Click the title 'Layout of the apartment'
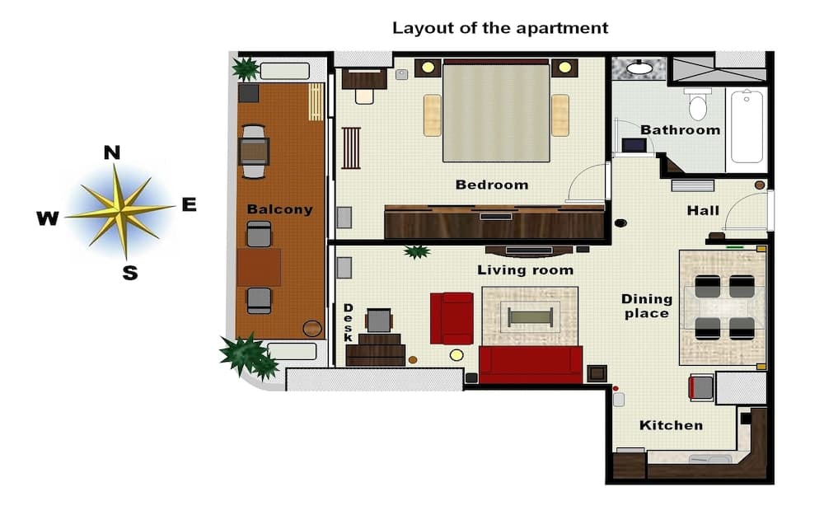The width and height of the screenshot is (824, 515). point(500,28)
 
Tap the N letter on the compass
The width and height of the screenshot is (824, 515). point(112,152)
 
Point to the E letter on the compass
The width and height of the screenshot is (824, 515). point(189,205)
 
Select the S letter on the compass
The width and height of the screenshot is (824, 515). point(129,274)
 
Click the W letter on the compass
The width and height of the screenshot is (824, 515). point(48,218)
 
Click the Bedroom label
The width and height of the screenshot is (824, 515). point(492,185)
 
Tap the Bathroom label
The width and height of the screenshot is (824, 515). point(680,130)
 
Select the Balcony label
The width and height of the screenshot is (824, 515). point(279,209)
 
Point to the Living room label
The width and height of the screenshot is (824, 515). point(525,270)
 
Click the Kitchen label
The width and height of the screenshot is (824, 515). point(671,425)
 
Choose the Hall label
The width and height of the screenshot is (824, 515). point(703,211)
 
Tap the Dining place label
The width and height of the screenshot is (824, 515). point(647,306)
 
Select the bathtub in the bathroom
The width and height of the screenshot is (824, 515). point(747,127)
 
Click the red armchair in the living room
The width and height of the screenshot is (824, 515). point(452,317)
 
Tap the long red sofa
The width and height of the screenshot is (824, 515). point(530,364)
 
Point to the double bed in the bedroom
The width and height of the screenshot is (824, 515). point(496,110)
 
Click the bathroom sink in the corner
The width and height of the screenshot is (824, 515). point(639,68)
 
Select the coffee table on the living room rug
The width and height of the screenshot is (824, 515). point(530,316)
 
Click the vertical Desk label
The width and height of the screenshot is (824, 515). point(348,323)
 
